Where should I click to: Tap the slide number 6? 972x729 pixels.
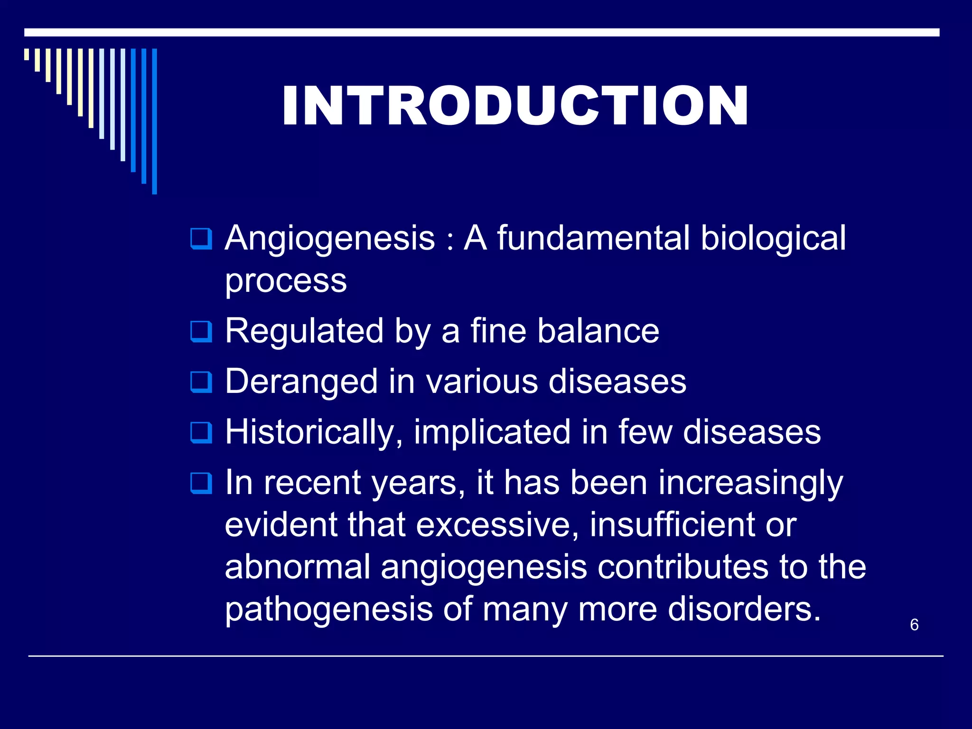point(914,625)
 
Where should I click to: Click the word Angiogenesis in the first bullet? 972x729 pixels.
point(330,238)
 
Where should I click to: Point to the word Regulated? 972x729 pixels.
point(304,331)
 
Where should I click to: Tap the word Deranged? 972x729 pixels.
point(301,382)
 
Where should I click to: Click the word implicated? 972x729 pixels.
point(492,433)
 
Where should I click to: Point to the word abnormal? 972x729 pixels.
point(298,567)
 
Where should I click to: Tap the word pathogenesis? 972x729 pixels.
point(329,610)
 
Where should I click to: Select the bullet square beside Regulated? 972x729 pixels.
point(201,331)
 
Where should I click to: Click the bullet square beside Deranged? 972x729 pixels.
point(201,382)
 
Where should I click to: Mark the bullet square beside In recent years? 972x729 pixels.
point(201,484)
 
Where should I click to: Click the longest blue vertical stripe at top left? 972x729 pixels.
point(154,121)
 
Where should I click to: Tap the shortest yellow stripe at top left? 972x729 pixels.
point(27,54)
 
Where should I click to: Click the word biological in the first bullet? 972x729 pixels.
point(773,238)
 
